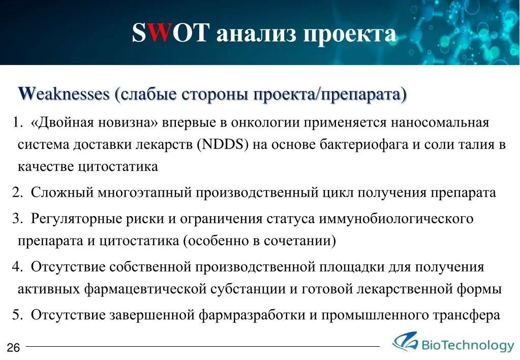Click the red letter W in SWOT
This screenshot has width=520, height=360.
coord(159,33)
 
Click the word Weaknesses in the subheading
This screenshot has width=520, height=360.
coord(64,94)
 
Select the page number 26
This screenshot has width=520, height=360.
coord(13,347)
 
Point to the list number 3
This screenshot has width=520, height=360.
coord(17,219)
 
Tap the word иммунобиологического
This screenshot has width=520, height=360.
coord(396,219)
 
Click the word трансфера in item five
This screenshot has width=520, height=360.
coord(467,315)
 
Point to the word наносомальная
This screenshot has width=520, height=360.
coord(440,123)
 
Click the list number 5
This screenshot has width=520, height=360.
coord(17,315)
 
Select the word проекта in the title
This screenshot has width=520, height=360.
coord(350,34)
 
